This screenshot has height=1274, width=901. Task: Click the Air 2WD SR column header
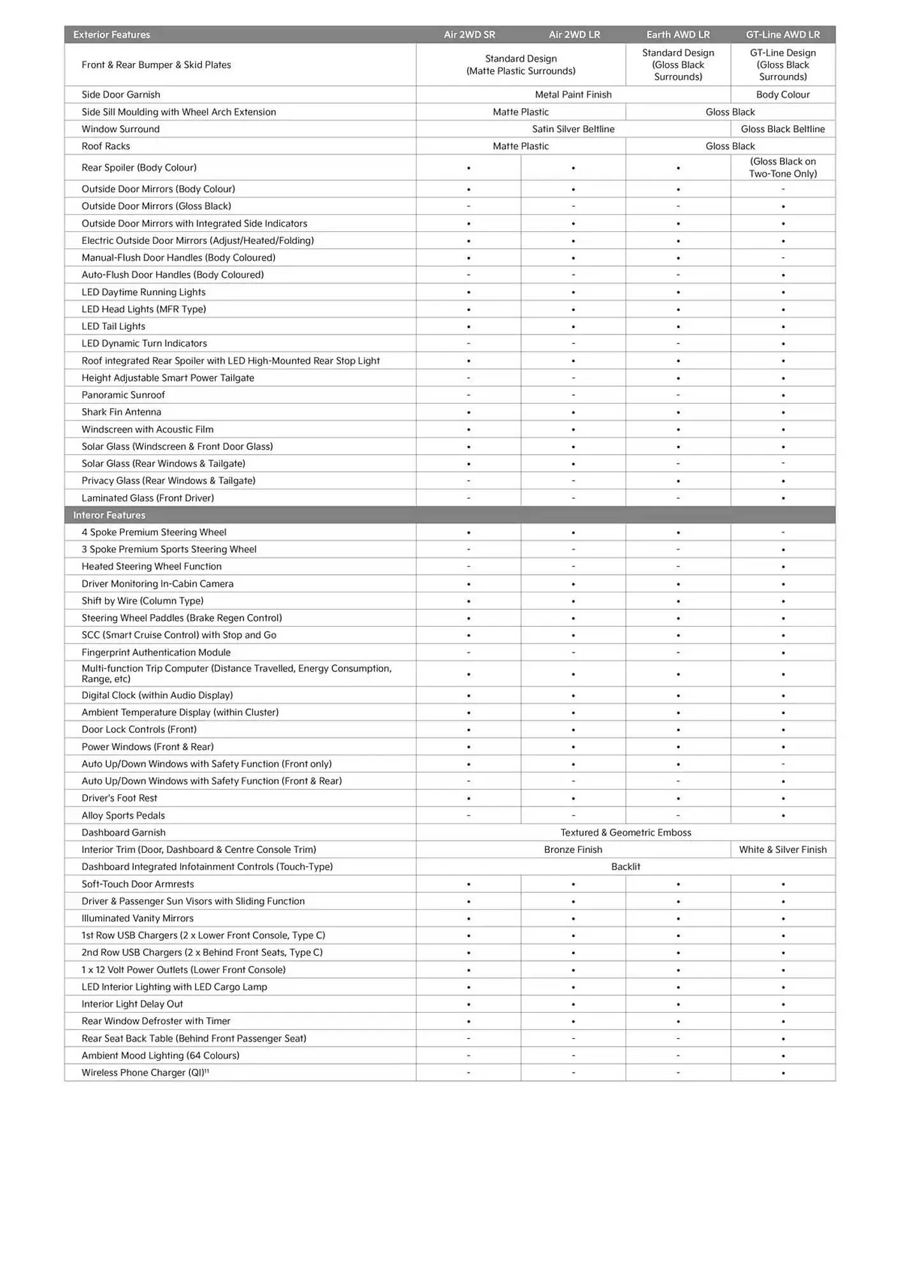(469, 34)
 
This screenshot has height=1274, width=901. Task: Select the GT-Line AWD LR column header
(782, 34)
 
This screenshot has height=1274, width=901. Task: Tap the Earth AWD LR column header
(677, 34)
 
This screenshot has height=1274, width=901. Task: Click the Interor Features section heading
(109, 515)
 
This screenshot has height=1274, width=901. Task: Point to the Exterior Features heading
(112, 34)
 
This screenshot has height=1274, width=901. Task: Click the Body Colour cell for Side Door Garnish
(782, 94)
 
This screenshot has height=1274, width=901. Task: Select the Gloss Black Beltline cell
(782, 129)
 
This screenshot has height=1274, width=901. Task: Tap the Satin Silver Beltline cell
(573, 129)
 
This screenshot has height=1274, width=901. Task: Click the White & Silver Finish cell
(782, 849)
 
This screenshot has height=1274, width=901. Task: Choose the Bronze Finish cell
(573, 849)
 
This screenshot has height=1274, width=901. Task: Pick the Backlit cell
(625, 866)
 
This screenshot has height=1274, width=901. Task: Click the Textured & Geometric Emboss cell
(625, 832)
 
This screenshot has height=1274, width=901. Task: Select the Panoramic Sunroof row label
(123, 395)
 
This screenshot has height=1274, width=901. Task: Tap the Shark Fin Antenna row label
(121, 412)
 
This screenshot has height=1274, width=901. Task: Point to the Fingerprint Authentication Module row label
(156, 652)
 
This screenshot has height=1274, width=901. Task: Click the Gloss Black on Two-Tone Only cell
(782, 168)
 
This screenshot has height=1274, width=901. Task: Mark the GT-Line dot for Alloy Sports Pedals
(782, 815)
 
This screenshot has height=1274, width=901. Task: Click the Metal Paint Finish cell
(573, 94)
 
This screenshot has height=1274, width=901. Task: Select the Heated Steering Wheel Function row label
(152, 566)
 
